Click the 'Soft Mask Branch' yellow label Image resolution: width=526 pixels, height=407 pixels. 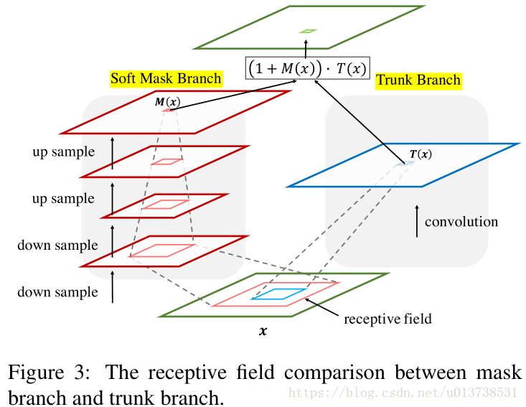[x=166, y=79]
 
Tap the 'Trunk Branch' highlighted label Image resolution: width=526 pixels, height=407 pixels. [x=418, y=81]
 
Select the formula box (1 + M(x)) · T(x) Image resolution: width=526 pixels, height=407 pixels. [x=307, y=68]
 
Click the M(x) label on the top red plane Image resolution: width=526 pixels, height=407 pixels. [x=167, y=102]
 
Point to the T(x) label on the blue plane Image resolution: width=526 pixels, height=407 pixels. [x=421, y=154]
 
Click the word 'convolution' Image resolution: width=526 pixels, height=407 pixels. [x=461, y=222]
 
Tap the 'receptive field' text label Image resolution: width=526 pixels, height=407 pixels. [x=388, y=319]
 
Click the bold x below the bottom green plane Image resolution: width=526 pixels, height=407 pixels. [x=263, y=331]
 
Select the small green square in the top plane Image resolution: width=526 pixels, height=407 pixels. [x=308, y=31]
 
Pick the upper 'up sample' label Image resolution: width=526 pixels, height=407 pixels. [x=63, y=152]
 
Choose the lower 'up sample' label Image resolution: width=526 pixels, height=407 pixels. [x=63, y=199]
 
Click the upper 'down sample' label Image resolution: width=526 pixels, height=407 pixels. [x=57, y=245]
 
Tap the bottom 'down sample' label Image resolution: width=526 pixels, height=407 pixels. [x=57, y=292]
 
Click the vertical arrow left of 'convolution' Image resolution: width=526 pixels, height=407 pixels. [x=417, y=221]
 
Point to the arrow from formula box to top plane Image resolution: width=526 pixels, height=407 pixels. [x=306, y=50]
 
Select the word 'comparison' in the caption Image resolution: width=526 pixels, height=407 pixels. [x=334, y=373]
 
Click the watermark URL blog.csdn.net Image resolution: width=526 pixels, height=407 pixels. [x=403, y=392]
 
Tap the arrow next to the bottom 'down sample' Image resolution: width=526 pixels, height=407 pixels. [x=113, y=287]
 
